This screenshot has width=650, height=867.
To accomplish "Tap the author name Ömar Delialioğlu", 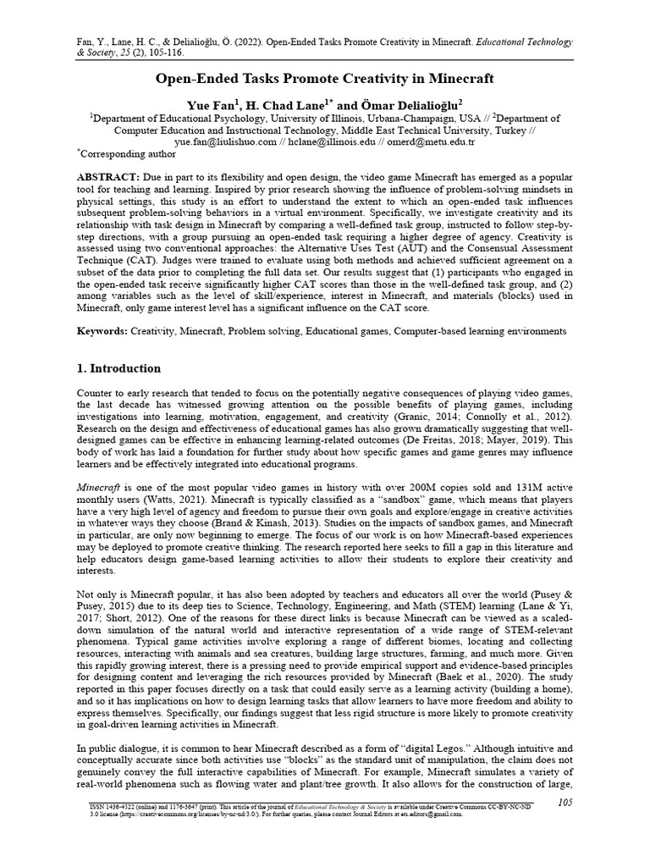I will click(410, 104).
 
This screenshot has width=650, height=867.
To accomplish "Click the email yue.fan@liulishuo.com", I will click(226, 143).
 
